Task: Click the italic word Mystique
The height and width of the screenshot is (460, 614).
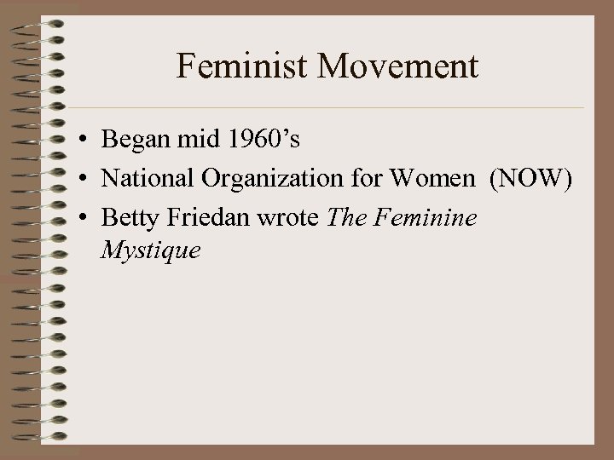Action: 151,251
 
